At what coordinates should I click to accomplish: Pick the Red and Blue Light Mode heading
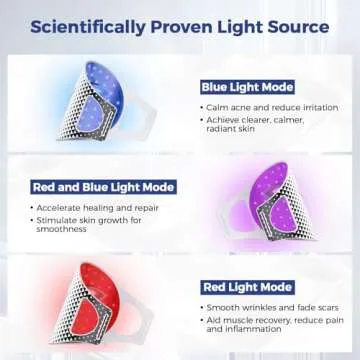coord(103,187)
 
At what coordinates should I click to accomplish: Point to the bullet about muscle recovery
coord(270,324)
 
